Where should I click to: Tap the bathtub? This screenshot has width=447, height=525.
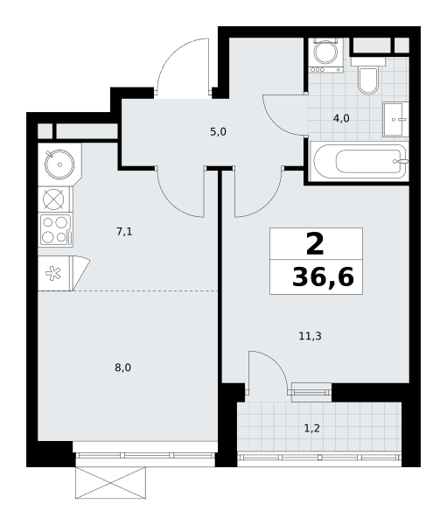[x=360, y=162]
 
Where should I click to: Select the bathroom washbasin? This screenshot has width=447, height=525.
[x=395, y=119]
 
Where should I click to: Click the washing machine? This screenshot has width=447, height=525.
[x=326, y=55]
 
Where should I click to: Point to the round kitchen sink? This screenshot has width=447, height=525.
[x=59, y=164]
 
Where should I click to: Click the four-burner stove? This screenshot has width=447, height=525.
[x=56, y=229]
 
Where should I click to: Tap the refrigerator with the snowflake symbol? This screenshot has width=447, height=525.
[x=64, y=273]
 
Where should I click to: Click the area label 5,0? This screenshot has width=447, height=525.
[x=219, y=132]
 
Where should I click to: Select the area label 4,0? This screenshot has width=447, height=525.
[x=341, y=118]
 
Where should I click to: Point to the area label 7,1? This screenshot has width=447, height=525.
[x=124, y=231]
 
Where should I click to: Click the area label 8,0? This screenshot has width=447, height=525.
[x=122, y=368]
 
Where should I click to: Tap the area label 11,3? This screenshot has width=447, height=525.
[x=310, y=336]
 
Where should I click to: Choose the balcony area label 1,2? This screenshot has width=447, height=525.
[x=311, y=428]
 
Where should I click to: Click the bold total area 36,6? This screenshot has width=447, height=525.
[x=323, y=277]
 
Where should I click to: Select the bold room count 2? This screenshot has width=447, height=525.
[x=315, y=244]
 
